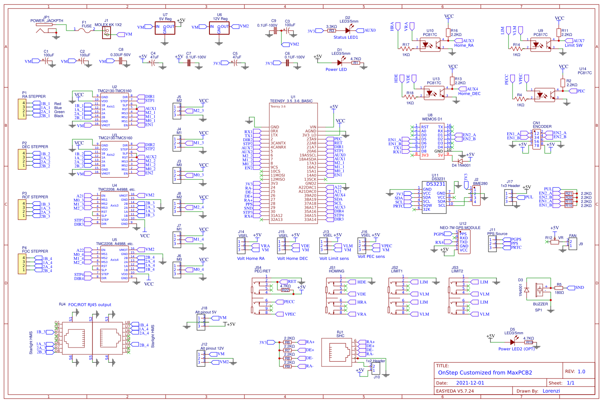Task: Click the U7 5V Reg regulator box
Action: click(x=165, y=28)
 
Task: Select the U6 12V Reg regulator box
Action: click(x=219, y=28)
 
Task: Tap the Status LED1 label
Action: click(x=345, y=37)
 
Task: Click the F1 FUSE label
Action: click(x=86, y=25)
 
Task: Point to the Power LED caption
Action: click(x=336, y=70)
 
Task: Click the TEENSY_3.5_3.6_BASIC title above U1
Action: click(x=291, y=101)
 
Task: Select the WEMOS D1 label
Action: click(x=432, y=119)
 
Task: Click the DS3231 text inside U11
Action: click(x=435, y=184)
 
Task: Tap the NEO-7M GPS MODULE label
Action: click(x=460, y=228)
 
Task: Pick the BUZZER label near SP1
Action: click(x=540, y=304)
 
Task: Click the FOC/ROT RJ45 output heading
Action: click(x=90, y=305)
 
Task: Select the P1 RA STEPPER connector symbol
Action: click(x=22, y=109)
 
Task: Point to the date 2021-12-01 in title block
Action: click(x=470, y=383)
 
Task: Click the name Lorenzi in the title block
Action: click(x=551, y=391)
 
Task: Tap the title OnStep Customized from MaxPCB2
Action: click(x=485, y=373)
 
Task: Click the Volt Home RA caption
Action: click(x=251, y=259)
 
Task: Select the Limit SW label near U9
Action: click(x=573, y=45)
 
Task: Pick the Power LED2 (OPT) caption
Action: click(x=517, y=349)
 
